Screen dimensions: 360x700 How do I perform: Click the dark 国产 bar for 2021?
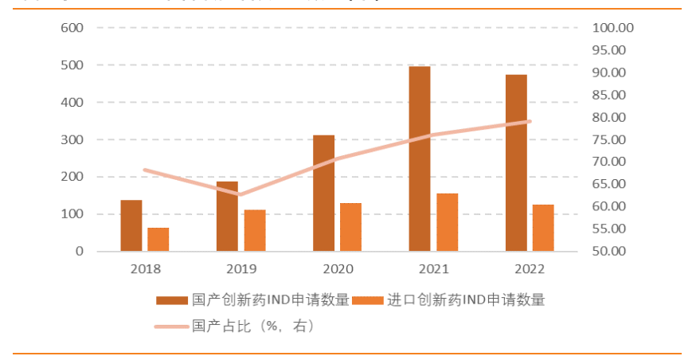tap(420, 158)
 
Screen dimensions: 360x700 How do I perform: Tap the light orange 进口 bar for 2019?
tap(254, 230)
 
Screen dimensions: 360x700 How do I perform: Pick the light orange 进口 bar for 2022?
tap(543, 228)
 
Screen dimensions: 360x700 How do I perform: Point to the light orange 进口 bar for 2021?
tap(448, 222)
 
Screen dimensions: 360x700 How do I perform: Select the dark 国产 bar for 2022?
tap(516, 162)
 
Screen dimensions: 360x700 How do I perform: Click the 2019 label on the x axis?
tap(241, 269)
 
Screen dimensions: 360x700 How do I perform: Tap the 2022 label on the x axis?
tap(530, 269)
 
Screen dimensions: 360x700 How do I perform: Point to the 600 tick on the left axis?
tap(72, 27)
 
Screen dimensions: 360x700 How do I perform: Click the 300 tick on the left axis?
tap(72, 139)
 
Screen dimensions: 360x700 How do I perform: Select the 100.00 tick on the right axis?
tap(612, 27)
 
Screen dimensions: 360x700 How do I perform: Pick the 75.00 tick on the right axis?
tap(612, 139)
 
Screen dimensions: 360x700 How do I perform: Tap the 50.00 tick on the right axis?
tap(612, 251)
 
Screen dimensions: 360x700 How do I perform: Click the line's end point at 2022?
tap(530, 121)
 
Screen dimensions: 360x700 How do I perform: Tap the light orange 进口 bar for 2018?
tap(158, 239)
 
